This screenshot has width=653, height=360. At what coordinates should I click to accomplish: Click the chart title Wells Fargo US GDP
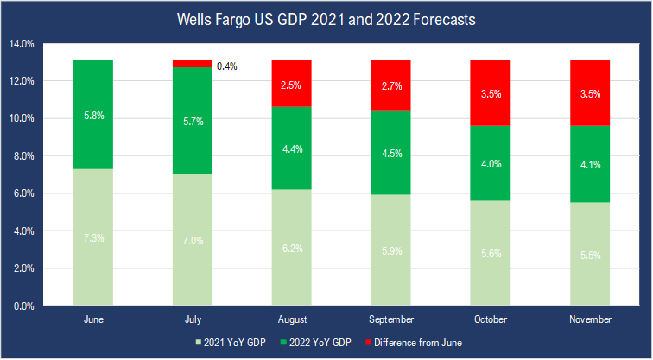point(326,18)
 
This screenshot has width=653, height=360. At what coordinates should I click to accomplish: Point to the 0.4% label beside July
point(227,66)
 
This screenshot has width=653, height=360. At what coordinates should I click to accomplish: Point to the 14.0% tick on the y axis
point(22,43)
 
